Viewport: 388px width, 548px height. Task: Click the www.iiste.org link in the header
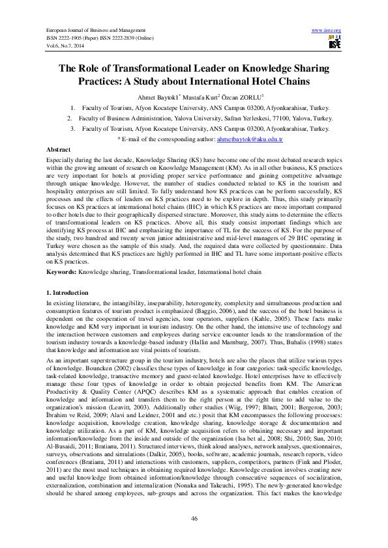tap(327, 31)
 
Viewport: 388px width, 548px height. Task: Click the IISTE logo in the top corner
tap(335, 44)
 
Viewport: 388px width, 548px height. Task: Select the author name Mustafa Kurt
tap(199, 96)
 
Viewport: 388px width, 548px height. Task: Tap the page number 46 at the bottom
tap(194, 517)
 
